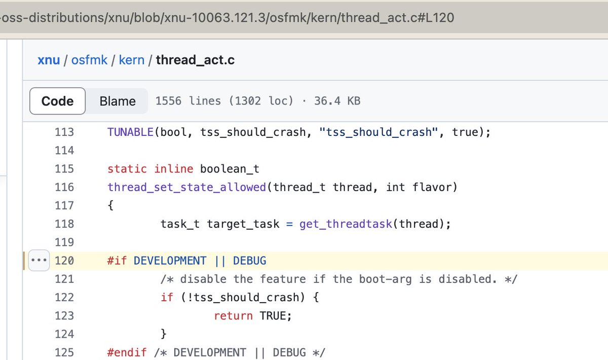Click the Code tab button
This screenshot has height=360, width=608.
(57, 101)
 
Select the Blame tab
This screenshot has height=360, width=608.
(118, 101)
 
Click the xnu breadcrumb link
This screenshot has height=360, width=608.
(49, 60)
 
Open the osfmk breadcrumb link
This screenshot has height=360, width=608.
(89, 60)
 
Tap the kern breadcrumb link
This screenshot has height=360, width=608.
(131, 60)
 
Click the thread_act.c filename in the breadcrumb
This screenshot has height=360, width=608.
(195, 60)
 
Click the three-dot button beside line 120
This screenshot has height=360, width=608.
(39, 261)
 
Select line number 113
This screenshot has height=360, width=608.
(64, 132)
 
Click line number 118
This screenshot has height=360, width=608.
(64, 224)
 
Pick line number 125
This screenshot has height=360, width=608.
(64, 352)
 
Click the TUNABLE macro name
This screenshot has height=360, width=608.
(130, 132)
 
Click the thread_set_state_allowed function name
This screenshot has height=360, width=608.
(186, 187)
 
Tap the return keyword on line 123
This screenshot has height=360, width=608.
(233, 315)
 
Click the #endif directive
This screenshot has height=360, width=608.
(127, 352)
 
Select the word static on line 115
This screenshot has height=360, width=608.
(127, 169)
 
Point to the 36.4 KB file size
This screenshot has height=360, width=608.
(337, 101)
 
